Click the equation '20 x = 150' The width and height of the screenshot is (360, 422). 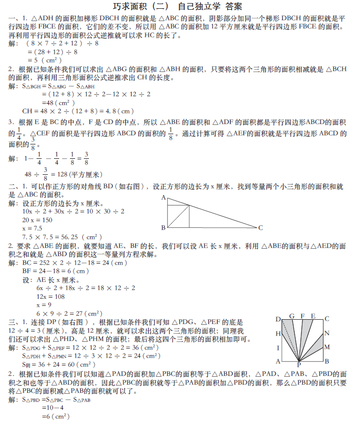pos(37,220)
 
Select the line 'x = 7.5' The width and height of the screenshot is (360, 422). pos(32,228)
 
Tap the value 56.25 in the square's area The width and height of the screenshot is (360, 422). pos(66,237)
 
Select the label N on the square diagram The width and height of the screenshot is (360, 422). pos(327,333)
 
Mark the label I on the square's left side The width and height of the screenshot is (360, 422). pos(278,347)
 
